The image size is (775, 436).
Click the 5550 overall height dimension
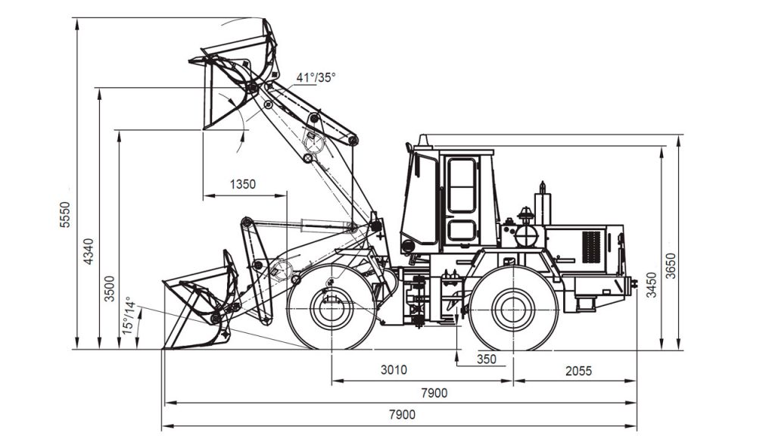[65, 214]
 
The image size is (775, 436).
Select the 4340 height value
[88, 251]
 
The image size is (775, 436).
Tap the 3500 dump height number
[109, 288]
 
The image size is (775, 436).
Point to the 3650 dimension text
[671, 266]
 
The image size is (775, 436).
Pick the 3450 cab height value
[652, 285]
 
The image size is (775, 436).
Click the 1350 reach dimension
[243, 185]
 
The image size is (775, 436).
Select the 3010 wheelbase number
[394, 369]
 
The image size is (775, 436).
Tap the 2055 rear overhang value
[578, 371]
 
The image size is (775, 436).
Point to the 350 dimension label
[487, 360]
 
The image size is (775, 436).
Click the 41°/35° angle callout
[316, 78]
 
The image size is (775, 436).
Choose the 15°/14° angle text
[128, 316]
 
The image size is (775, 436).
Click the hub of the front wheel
[331, 309]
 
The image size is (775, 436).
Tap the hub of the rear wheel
[514, 309]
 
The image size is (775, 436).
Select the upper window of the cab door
[461, 185]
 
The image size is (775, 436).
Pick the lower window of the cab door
[462, 231]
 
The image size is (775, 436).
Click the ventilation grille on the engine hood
[591, 247]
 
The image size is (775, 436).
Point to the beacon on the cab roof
[422, 140]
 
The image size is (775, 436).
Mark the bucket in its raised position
[235, 74]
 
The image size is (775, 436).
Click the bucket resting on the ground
[200, 307]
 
